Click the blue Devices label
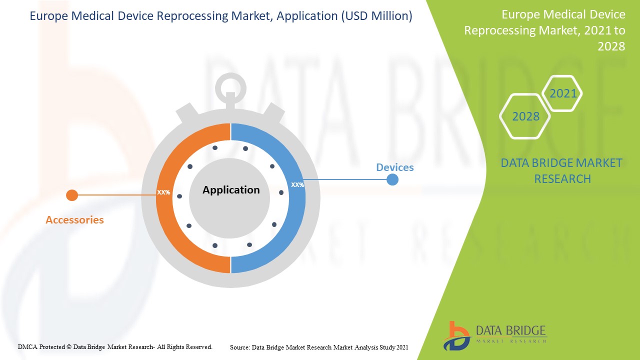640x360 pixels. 394,167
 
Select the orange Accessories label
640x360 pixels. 74,220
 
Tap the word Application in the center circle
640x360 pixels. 231,190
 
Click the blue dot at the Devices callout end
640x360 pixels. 392,179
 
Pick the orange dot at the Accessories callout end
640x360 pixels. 72,195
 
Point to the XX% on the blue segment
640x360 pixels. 297,185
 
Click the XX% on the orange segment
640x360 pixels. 163,192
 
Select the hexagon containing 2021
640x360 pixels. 562,93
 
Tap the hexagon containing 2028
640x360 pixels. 525,116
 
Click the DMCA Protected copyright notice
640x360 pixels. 115,346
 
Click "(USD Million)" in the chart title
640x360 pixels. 376,16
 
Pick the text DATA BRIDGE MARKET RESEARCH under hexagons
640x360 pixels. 562,170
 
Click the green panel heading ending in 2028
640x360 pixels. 544,30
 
